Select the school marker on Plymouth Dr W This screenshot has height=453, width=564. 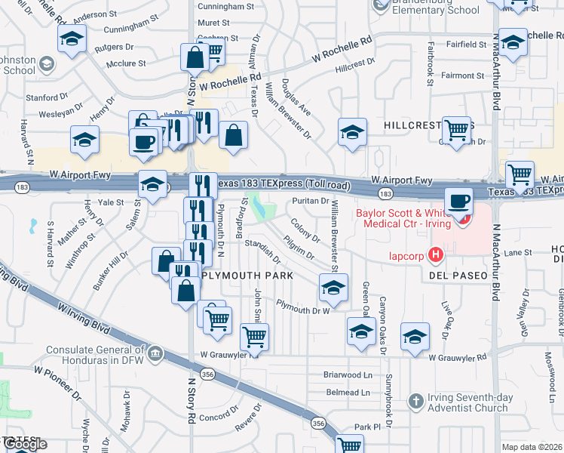333,287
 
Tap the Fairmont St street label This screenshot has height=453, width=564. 463,75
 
